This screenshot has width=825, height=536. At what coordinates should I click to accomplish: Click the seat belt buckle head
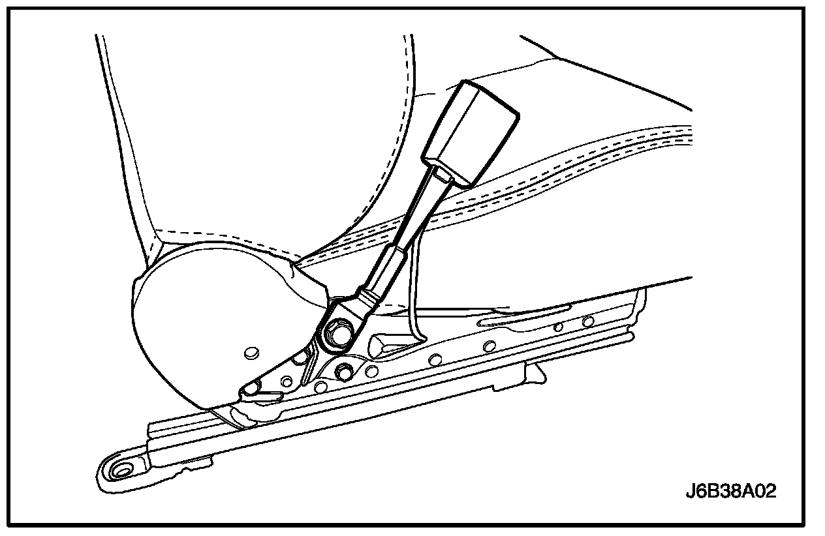[471, 134]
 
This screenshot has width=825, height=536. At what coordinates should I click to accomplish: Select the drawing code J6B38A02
[730, 491]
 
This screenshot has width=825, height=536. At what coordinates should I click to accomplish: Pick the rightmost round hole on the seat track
[588, 321]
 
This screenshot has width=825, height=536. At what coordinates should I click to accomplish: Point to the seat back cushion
[261, 130]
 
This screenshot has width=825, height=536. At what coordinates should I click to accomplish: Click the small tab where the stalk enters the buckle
[443, 175]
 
